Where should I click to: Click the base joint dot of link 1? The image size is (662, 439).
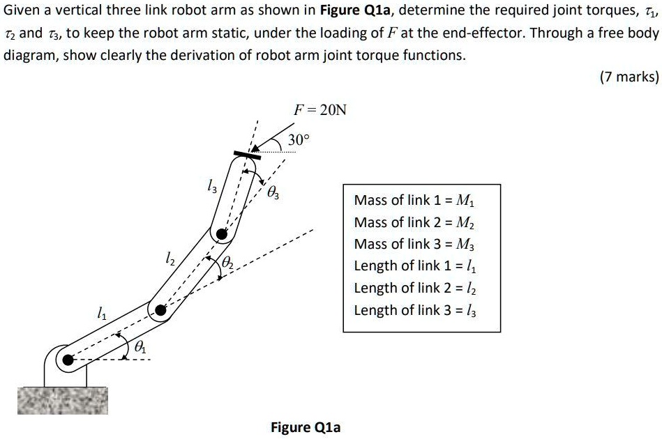tap(68, 360)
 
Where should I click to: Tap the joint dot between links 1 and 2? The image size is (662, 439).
tap(161, 311)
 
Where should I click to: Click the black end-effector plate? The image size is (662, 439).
tap(247, 155)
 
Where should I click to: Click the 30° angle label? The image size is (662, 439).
tap(296, 140)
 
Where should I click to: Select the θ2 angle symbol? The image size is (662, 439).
tap(228, 264)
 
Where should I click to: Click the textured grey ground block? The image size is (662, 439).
tap(63, 400)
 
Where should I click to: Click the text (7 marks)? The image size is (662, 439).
tap(629, 77)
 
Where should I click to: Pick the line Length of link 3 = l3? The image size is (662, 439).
tap(415, 310)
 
